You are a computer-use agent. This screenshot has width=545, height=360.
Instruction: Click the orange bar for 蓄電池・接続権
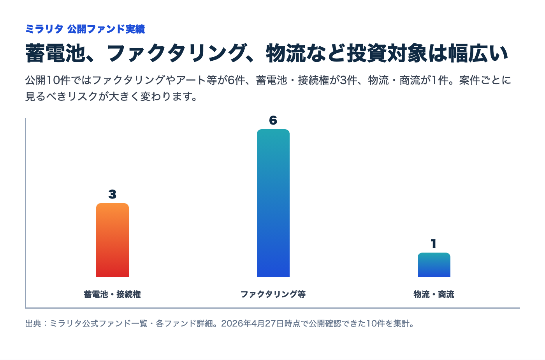(113, 240)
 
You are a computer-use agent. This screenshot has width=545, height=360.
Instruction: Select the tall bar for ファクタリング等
(273, 203)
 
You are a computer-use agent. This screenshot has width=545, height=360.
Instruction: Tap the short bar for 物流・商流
(434, 265)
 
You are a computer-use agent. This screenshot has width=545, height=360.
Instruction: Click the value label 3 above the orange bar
(113, 194)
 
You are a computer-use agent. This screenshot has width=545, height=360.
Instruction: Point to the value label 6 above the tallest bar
(273, 120)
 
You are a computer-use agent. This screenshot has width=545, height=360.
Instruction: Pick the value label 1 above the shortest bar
(434, 244)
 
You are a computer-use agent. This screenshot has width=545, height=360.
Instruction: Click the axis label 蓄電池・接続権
(113, 294)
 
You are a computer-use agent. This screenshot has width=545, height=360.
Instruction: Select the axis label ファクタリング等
(273, 294)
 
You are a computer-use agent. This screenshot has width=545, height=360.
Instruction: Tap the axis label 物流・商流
(434, 294)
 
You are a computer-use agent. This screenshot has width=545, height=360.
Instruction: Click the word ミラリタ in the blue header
(44, 29)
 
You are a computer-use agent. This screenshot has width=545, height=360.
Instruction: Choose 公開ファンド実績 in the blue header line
(106, 29)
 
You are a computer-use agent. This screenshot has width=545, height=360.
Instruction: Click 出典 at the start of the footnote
(33, 323)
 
